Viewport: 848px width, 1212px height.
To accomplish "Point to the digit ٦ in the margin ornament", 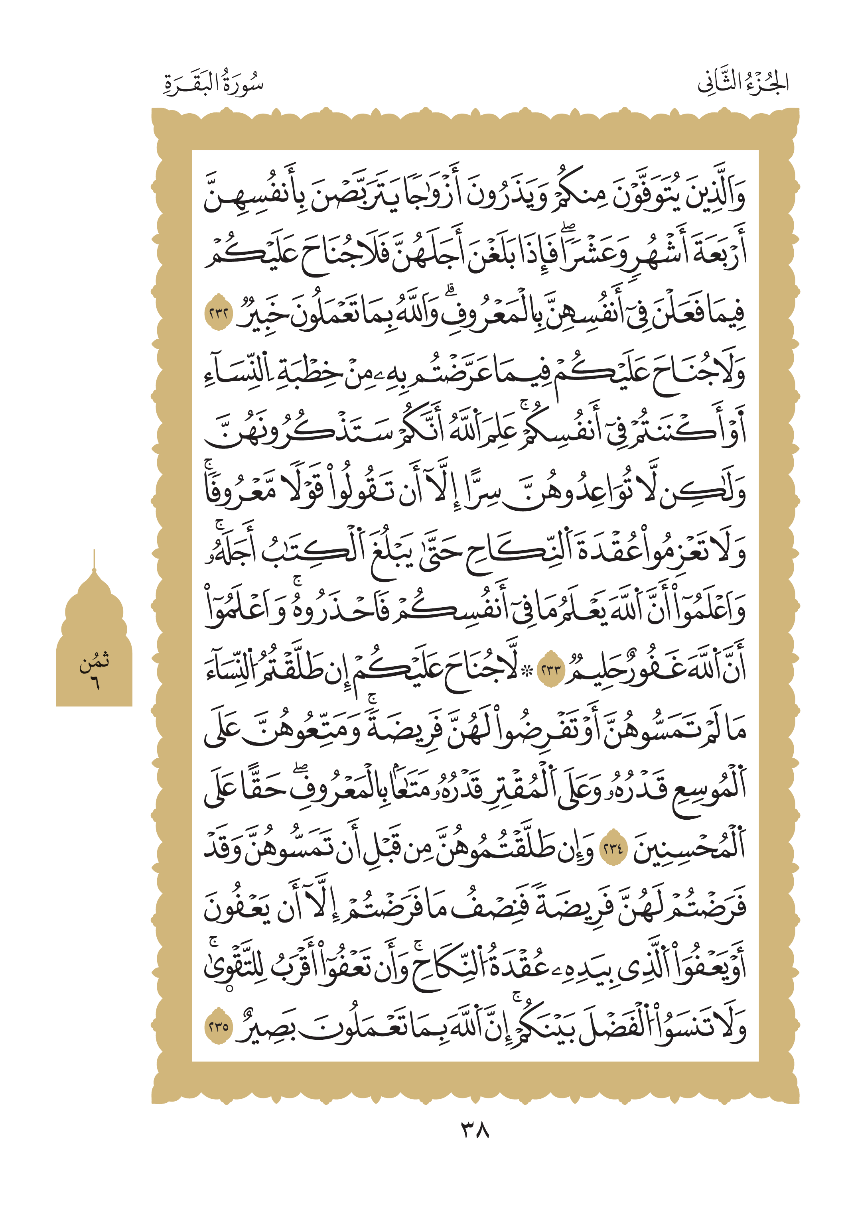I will (94, 682).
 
